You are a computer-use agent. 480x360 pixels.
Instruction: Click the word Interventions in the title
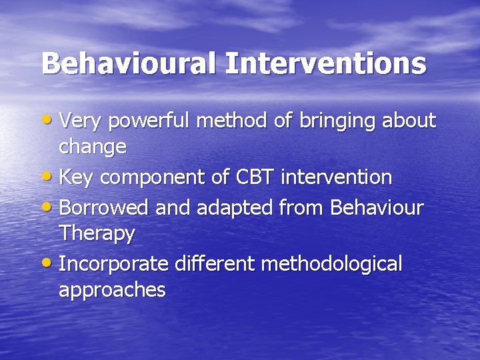point(325,64)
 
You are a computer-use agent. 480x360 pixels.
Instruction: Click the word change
point(93,147)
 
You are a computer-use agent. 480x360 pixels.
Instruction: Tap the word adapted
point(230,209)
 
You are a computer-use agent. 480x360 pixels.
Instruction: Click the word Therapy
point(97,234)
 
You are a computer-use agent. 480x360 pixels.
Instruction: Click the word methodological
point(331,265)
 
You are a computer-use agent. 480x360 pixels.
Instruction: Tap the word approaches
point(112,291)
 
